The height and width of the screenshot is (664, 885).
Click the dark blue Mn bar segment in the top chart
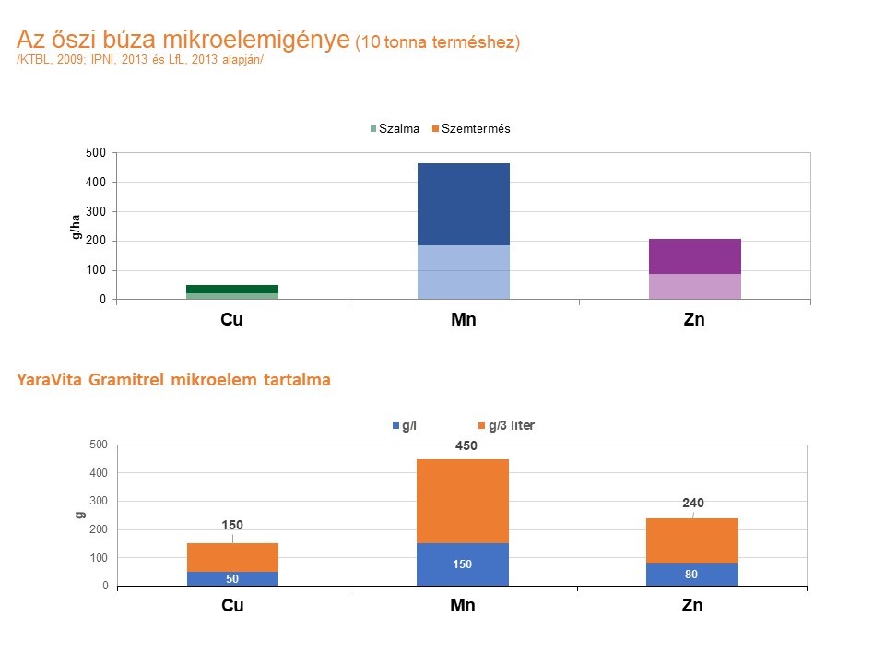point(464,204)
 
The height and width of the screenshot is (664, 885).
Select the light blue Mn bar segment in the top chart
point(464,272)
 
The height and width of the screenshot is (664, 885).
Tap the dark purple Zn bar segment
point(695,256)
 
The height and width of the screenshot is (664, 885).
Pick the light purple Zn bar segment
point(695,287)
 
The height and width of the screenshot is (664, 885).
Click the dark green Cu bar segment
point(232,289)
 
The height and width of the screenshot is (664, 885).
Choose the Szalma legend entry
point(395,129)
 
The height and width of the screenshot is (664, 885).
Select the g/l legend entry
point(407,425)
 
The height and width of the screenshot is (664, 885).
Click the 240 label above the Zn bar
point(693,503)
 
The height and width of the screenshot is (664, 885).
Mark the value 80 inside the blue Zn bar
point(691,575)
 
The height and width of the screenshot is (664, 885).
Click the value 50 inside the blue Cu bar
point(232,579)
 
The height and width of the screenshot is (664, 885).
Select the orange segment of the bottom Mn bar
point(463,501)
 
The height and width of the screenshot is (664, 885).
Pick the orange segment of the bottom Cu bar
point(232,557)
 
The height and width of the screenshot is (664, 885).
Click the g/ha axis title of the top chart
point(77,226)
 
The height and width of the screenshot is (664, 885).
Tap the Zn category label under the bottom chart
point(692,606)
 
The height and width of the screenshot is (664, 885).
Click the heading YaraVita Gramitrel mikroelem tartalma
point(173,380)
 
